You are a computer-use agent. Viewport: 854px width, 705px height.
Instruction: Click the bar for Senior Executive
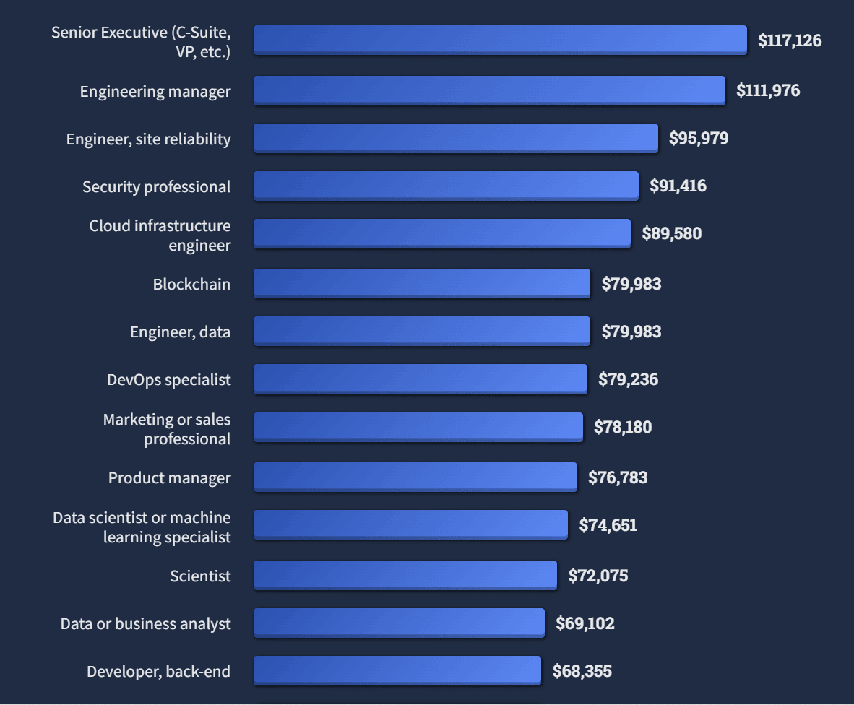coord(500,40)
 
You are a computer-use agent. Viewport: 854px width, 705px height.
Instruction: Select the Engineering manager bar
coord(489,90)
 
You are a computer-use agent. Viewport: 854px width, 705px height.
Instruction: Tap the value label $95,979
coord(699,138)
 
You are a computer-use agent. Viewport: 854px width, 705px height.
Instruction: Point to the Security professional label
coord(156,186)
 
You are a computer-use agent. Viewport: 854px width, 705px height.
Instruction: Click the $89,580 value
coord(671,233)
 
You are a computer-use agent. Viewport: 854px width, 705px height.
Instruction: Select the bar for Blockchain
coord(421,283)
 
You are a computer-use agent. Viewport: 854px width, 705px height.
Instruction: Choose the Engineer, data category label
coord(180,332)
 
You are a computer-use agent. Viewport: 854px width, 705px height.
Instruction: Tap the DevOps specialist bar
coord(420,379)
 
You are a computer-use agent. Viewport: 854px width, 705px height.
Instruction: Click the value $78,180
coord(623,427)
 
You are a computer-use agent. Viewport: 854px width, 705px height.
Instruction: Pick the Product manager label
coord(170,477)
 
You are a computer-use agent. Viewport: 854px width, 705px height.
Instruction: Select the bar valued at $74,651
coord(410,524)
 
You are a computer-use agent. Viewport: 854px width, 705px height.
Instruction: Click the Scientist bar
coord(405,575)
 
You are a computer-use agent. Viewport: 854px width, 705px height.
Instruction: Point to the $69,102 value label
coord(585,623)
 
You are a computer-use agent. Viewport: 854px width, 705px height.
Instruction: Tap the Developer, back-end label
coord(158,671)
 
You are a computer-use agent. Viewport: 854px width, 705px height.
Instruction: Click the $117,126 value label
coord(790,40)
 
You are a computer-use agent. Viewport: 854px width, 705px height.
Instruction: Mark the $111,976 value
coord(768,90)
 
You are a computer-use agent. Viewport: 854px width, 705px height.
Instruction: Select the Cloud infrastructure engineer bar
coord(441,233)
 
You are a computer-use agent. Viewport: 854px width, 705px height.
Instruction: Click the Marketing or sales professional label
coord(167,429)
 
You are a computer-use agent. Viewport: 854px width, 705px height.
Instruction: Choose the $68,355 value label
coord(582,671)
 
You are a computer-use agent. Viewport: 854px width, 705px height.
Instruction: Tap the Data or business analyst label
coord(145,623)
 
